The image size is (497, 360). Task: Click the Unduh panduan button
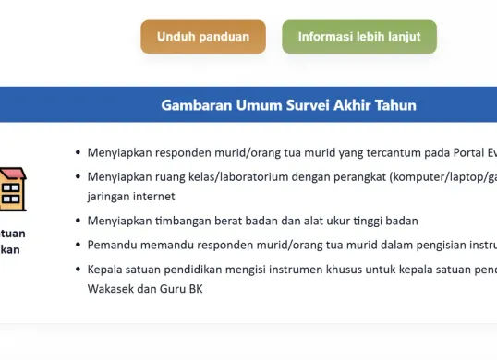[x=203, y=37]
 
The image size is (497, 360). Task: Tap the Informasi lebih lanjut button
[x=358, y=37]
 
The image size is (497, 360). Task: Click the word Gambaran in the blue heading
[x=196, y=105]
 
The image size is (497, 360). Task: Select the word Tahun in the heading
[x=395, y=105]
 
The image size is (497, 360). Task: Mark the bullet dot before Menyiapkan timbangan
[x=78, y=221]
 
